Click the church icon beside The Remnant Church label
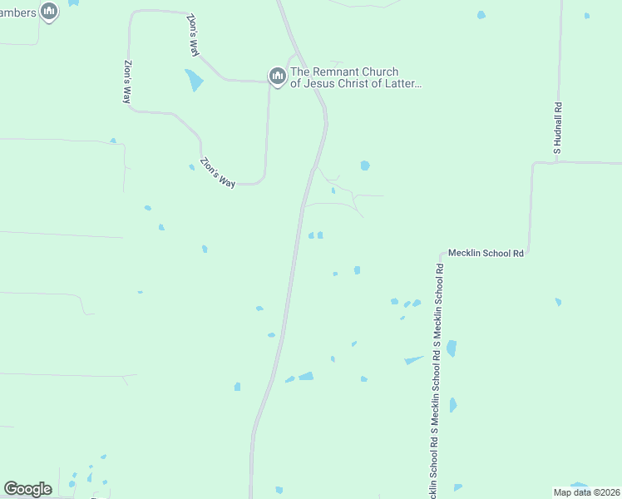click(x=277, y=77)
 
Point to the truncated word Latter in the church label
click(x=403, y=84)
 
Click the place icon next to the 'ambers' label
click(x=49, y=12)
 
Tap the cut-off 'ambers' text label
click(x=17, y=12)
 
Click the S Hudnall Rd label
click(x=559, y=127)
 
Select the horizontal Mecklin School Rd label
click(x=486, y=253)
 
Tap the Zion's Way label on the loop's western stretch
click(x=127, y=82)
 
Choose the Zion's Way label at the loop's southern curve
click(x=218, y=172)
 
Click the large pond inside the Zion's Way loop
click(x=194, y=80)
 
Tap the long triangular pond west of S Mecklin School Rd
click(x=414, y=360)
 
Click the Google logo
click(x=27, y=489)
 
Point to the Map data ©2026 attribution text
click(x=587, y=492)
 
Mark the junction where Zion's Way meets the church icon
click(x=269, y=82)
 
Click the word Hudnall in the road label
click(x=559, y=125)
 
